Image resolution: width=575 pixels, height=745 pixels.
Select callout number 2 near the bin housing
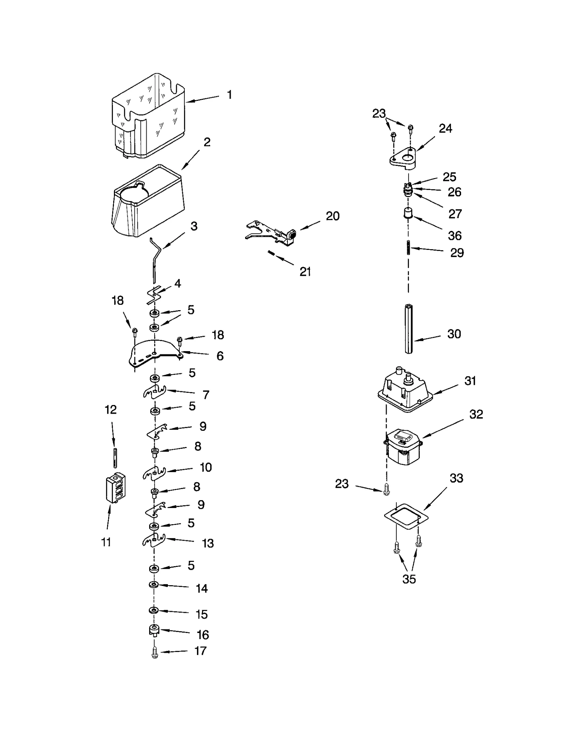coord(207,142)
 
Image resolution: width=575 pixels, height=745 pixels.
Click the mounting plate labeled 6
coord(155,354)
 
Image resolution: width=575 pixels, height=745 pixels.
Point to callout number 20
coord(332,216)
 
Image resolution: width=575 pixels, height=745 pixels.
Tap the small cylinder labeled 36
coord(406,214)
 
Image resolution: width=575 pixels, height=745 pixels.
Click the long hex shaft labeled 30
coord(409,329)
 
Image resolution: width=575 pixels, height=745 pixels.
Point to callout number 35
coord(409,579)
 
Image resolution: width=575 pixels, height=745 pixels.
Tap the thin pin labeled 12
coord(115,458)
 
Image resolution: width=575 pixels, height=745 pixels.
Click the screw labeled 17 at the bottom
coord(155,652)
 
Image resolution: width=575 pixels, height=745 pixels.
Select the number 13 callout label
coord(208,543)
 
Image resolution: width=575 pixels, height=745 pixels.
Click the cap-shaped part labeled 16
coord(154,630)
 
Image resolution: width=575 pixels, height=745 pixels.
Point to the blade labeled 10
coord(154,473)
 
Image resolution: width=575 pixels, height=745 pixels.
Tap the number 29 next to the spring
coord(457,253)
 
